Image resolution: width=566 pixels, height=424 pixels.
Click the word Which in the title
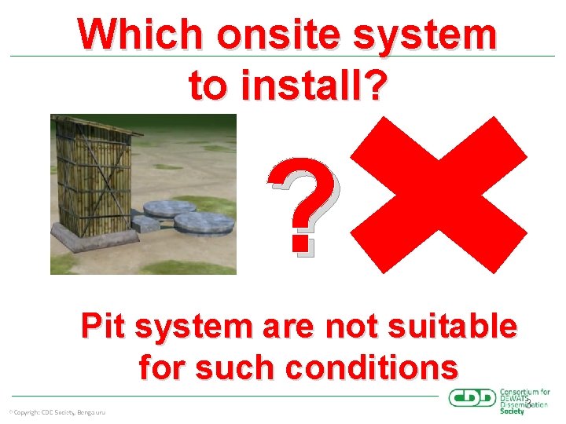(137, 35)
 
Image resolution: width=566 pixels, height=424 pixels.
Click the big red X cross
(438, 195)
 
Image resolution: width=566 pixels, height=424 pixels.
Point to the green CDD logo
(472, 398)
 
